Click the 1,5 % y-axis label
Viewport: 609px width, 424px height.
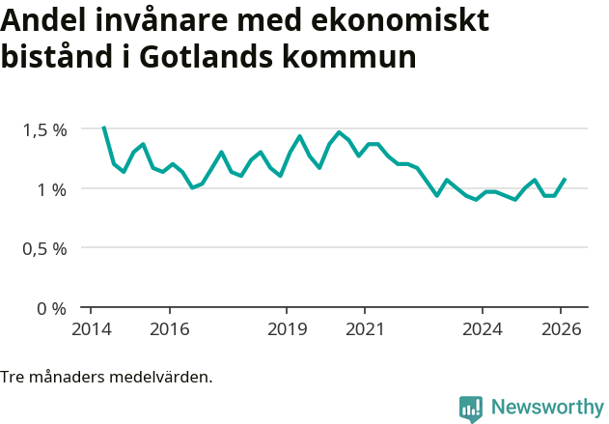point(45,129)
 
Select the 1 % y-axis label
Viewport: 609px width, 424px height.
point(52,189)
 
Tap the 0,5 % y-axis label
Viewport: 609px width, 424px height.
point(45,248)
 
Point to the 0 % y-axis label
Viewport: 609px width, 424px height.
point(52,308)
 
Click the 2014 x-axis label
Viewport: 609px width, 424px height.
point(91,328)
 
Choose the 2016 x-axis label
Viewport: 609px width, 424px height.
point(169,328)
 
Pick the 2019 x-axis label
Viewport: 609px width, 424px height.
point(287,328)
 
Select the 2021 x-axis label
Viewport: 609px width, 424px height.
point(365,328)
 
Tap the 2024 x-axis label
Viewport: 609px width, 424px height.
point(483,328)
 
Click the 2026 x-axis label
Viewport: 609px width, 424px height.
point(561,328)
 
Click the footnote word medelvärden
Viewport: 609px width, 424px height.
point(162,377)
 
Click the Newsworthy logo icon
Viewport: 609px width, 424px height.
point(471,409)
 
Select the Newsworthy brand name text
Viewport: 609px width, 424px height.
point(546,408)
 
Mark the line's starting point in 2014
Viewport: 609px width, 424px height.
point(104,127)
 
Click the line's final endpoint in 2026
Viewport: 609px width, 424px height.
point(565,179)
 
